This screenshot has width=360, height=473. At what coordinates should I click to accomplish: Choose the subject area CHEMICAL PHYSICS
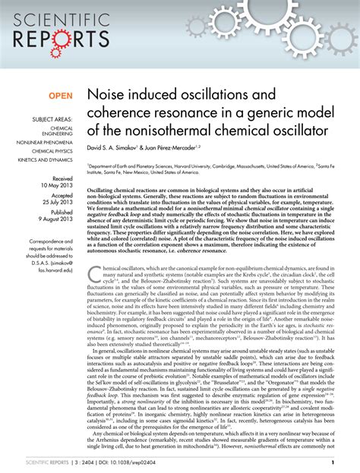tap(52, 150)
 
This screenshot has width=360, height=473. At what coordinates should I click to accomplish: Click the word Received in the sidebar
tap(62, 177)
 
